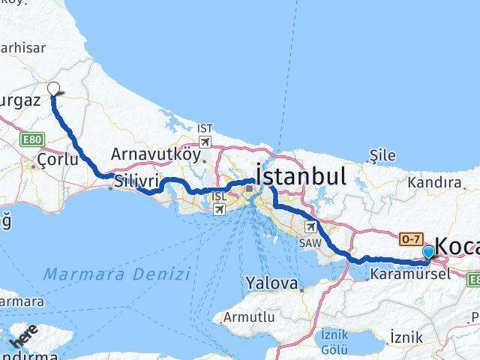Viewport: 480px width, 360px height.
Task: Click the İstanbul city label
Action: [301, 176]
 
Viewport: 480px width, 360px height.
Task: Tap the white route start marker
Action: [53, 88]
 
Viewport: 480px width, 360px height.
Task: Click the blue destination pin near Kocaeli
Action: [428, 253]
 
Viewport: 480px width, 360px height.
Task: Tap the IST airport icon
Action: [205, 140]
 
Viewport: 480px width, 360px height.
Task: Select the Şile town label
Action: [383, 155]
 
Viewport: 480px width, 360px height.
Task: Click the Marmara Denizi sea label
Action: [116, 274]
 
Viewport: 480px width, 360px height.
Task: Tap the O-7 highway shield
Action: [409, 238]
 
